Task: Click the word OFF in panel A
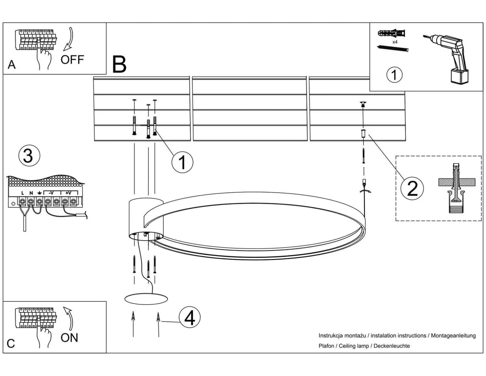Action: (72, 59)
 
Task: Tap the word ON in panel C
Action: (69, 338)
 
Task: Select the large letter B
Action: (119, 64)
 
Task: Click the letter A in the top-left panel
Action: (11, 64)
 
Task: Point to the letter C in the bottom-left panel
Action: (11, 343)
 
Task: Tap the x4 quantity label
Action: (395, 42)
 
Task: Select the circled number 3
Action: (29, 156)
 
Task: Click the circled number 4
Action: (189, 318)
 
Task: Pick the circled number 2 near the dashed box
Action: (412, 188)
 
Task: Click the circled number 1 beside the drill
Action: (394, 75)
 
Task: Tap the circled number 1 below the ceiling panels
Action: (182, 162)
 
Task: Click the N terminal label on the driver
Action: (31, 193)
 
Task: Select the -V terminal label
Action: (50, 193)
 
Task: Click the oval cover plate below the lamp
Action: (146, 299)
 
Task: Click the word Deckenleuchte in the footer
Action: (392, 346)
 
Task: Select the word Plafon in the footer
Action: (326, 346)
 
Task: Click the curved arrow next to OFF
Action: (69, 39)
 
